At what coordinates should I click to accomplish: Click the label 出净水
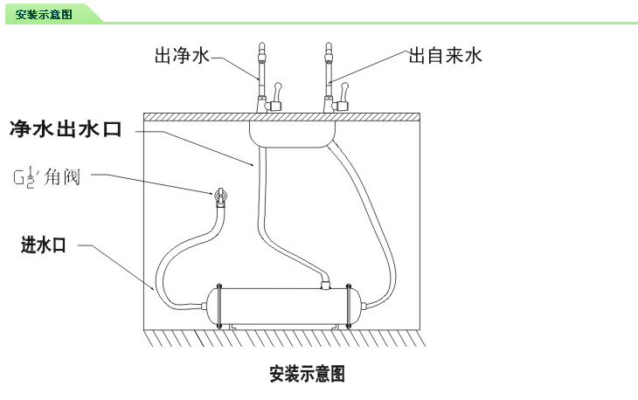point(182,57)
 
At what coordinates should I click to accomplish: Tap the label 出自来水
point(446,57)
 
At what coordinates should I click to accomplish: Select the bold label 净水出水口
point(76,130)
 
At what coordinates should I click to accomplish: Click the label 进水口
point(44,245)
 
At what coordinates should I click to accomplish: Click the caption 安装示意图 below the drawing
point(308,375)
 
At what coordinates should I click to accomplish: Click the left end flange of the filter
point(220,303)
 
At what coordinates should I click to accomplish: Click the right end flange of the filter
point(350,303)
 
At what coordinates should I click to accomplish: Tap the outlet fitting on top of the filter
point(324,282)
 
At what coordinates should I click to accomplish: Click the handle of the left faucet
point(278,91)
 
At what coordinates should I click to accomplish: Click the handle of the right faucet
point(345,91)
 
